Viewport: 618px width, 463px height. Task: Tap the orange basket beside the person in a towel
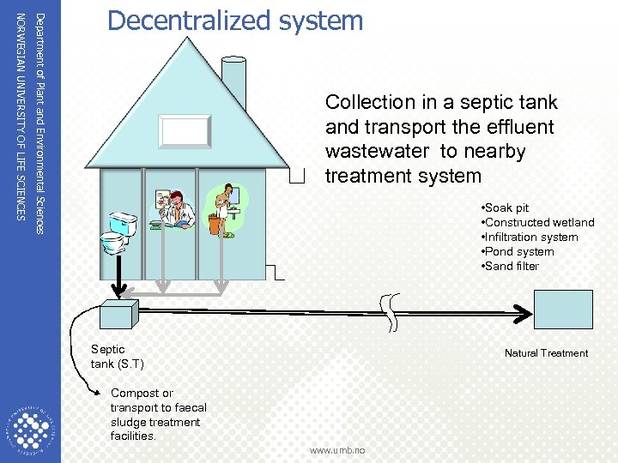click(215, 225)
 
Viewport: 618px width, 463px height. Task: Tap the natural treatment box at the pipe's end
click(563, 310)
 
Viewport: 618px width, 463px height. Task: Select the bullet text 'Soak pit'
click(507, 208)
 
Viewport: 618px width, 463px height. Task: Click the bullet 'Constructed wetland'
click(539, 223)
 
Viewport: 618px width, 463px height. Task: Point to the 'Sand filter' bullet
click(512, 267)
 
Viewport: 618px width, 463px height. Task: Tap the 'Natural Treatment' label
click(546, 353)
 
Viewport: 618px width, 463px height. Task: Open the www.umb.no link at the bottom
click(336, 450)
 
